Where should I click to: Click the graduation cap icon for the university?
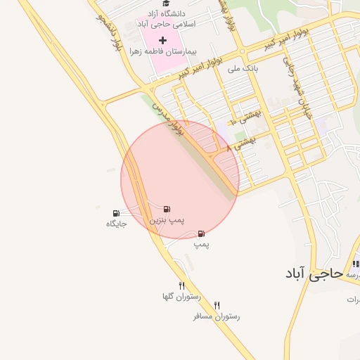point(165,4)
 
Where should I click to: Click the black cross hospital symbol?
point(163,40)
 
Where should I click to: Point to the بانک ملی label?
point(243,69)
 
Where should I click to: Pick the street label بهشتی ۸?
point(244,142)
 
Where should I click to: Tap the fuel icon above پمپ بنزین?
point(167,209)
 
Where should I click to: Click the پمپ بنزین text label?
point(166,220)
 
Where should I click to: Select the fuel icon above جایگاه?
point(115,213)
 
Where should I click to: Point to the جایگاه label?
point(115,224)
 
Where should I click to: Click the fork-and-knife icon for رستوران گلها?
point(182,285)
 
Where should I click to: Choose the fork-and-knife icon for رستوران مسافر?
point(217,305)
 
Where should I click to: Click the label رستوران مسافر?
point(217,316)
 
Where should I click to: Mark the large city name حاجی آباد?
point(314,273)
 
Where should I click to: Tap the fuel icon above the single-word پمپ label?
point(201,233)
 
